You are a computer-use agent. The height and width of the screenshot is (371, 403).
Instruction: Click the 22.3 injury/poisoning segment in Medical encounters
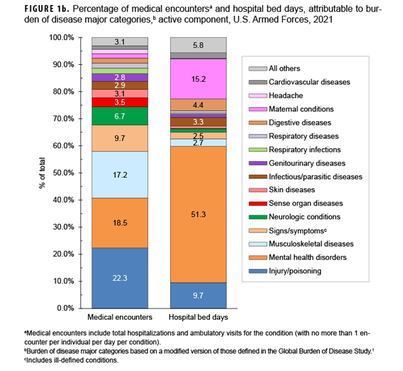click(119, 278)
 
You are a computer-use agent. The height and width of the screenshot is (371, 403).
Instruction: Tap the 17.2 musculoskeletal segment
click(119, 174)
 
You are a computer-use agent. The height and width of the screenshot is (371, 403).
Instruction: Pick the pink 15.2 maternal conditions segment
click(197, 79)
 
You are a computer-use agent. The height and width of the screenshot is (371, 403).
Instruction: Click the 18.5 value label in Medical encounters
click(119, 223)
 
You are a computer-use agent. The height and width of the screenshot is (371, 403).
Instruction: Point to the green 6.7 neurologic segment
click(119, 116)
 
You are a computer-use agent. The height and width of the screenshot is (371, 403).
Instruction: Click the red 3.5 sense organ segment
click(119, 102)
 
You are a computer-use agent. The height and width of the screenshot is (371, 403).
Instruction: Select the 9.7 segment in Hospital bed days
click(197, 295)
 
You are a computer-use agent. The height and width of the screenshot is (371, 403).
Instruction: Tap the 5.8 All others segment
click(197, 46)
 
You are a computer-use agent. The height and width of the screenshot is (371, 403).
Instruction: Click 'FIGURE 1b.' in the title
click(32, 8)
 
